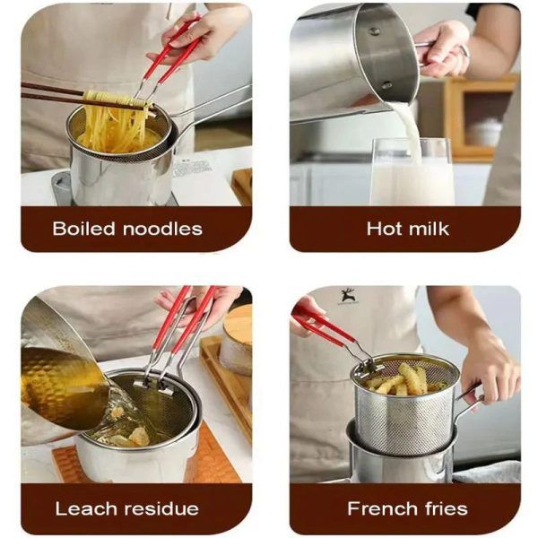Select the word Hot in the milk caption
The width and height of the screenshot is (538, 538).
coord(383,227)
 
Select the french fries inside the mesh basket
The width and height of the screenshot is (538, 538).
coord(403,377)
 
